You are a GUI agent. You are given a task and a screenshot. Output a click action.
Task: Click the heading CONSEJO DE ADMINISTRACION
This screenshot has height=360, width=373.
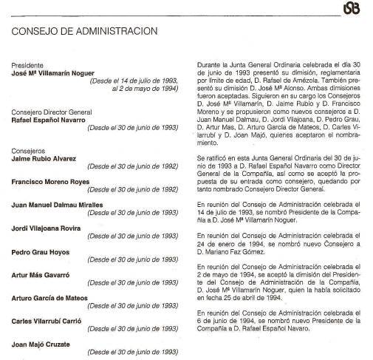coord(82,31)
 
